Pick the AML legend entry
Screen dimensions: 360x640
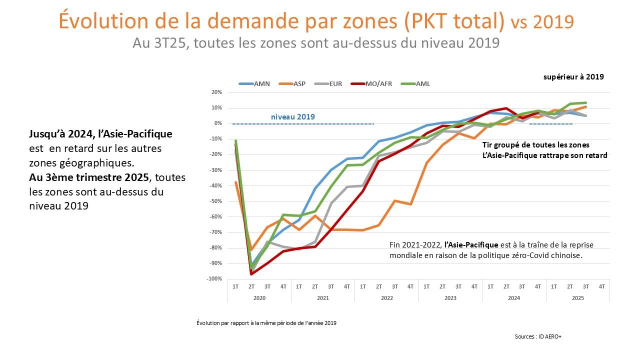[422, 83]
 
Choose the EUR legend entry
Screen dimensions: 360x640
[335, 83]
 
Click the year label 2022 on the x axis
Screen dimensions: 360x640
[386, 297]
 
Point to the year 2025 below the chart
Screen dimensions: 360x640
[578, 297]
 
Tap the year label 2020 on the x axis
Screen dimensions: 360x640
[259, 297]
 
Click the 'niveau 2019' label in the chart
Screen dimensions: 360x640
[293, 117]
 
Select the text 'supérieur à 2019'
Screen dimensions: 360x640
[573, 77]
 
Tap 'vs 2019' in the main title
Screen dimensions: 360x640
[542, 22]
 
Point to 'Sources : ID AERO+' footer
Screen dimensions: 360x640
[538, 336]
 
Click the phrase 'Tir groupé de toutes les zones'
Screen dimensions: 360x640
[535, 145]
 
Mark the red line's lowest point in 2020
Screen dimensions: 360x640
[251, 274]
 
